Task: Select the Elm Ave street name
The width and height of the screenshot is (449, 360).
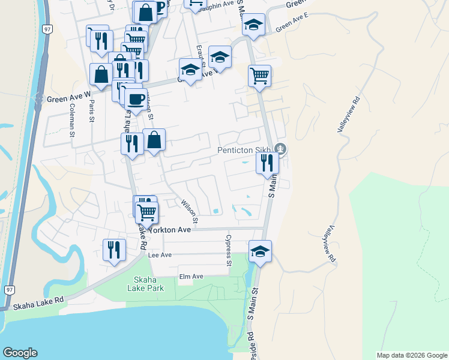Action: pos(191,276)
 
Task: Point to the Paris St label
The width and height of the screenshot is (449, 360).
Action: pos(92,111)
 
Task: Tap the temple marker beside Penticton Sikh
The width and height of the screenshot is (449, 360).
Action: pos(280,149)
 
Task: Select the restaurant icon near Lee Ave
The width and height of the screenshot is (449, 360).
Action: pos(113,249)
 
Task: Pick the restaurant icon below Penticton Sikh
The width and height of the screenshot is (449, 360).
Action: pos(267,162)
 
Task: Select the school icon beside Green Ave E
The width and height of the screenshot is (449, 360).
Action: pos(253,25)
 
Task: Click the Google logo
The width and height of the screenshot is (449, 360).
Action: pos(20,353)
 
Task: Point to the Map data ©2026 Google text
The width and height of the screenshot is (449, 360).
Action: pos(411,355)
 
